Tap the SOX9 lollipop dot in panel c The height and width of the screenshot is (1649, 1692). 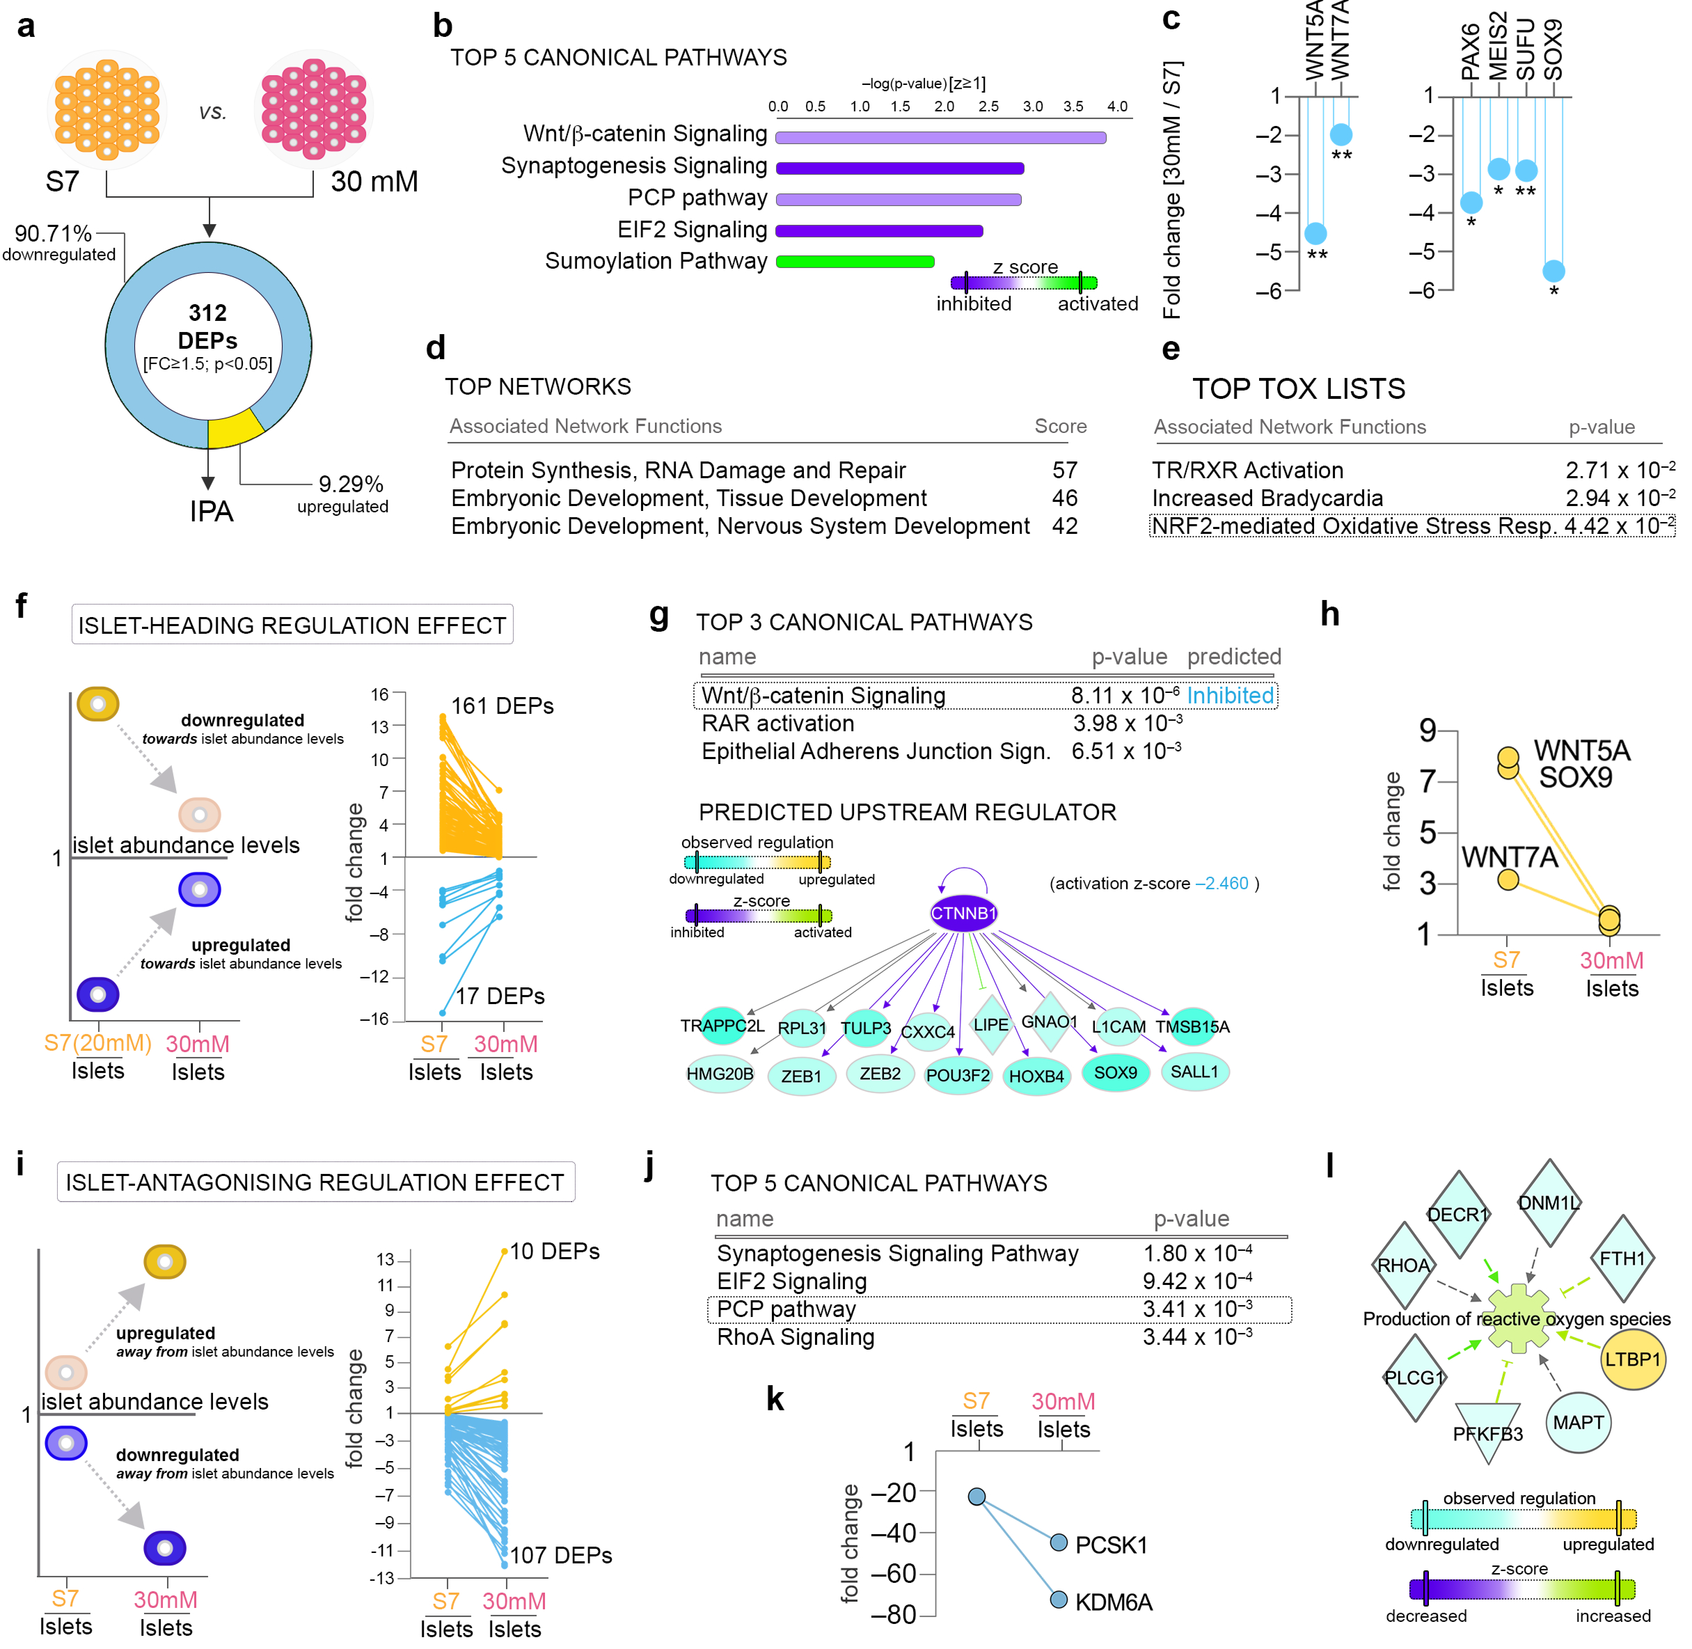1553,271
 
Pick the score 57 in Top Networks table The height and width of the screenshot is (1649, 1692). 1064,470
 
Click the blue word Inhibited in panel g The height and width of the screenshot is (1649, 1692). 1230,695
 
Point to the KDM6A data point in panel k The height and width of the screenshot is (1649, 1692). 1058,1600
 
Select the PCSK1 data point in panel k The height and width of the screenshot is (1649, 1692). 1058,1541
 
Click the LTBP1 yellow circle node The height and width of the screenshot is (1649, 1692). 1632,1359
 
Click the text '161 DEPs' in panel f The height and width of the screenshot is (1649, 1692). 502,706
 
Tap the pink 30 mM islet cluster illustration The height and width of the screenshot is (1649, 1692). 314,108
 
